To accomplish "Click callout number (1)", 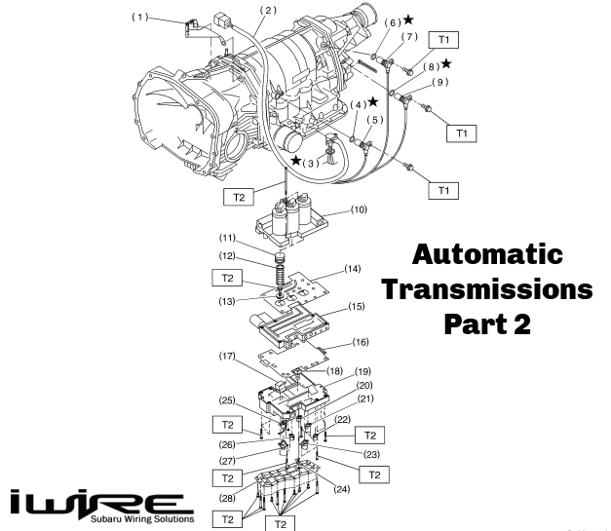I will [x=142, y=17].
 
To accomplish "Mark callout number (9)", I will [x=440, y=83].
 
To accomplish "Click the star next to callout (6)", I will [x=407, y=19].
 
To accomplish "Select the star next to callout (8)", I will [x=446, y=63].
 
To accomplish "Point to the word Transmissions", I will [x=486, y=289].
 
